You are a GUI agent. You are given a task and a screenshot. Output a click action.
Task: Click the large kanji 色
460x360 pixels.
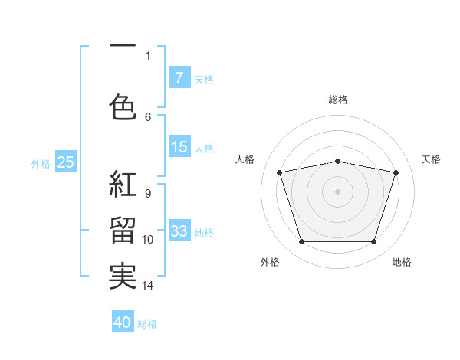pyautogui.click(x=123, y=106)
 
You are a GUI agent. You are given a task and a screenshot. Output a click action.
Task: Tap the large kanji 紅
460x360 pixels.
pyautogui.click(x=123, y=184)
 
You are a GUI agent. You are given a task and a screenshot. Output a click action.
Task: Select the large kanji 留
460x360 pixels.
pyautogui.click(x=123, y=230)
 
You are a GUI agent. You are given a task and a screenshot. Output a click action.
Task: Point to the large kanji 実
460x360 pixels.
pyautogui.click(x=123, y=277)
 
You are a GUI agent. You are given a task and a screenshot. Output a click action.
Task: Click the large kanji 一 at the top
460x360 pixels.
pyautogui.click(x=123, y=45)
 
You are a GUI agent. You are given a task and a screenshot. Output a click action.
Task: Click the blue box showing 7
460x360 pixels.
pyautogui.click(x=179, y=77)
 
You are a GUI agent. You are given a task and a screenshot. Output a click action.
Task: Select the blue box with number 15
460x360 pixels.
pyautogui.click(x=179, y=146)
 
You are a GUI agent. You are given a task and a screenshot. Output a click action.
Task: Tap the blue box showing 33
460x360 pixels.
pyautogui.click(x=179, y=230)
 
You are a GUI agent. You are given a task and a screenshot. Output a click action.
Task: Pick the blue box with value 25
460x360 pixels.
pyautogui.click(x=66, y=162)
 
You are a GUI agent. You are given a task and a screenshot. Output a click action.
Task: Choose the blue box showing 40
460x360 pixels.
pyautogui.click(x=123, y=321)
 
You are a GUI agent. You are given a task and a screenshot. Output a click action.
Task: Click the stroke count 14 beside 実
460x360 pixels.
pyautogui.click(x=147, y=286)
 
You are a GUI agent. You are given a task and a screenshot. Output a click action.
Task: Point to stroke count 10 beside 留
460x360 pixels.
pyautogui.click(x=147, y=240)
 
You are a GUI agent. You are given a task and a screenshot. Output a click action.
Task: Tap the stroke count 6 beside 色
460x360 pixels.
pyautogui.click(x=148, y=117)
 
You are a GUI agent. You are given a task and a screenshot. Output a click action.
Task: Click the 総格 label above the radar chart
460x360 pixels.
pyautogui.click(x=338, y=100)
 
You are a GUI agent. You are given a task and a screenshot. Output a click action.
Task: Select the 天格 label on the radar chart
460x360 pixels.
pyautogui.click(x=431, y=159)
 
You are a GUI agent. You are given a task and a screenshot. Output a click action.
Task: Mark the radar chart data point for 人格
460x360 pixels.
pyautogui.click(x=279, y=172)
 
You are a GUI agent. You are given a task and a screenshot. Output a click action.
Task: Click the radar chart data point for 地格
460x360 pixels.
pyautogui.click(x=374, y=242)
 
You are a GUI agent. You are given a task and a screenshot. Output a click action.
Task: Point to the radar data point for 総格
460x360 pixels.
pyautogui.click(x=337, y=162)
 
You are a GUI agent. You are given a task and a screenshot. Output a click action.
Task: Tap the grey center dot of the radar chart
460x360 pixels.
pyautogui.click(x=337, y=191)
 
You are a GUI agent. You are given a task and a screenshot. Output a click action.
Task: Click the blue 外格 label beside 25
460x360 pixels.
pyautogui.click(x=41, y=164)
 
